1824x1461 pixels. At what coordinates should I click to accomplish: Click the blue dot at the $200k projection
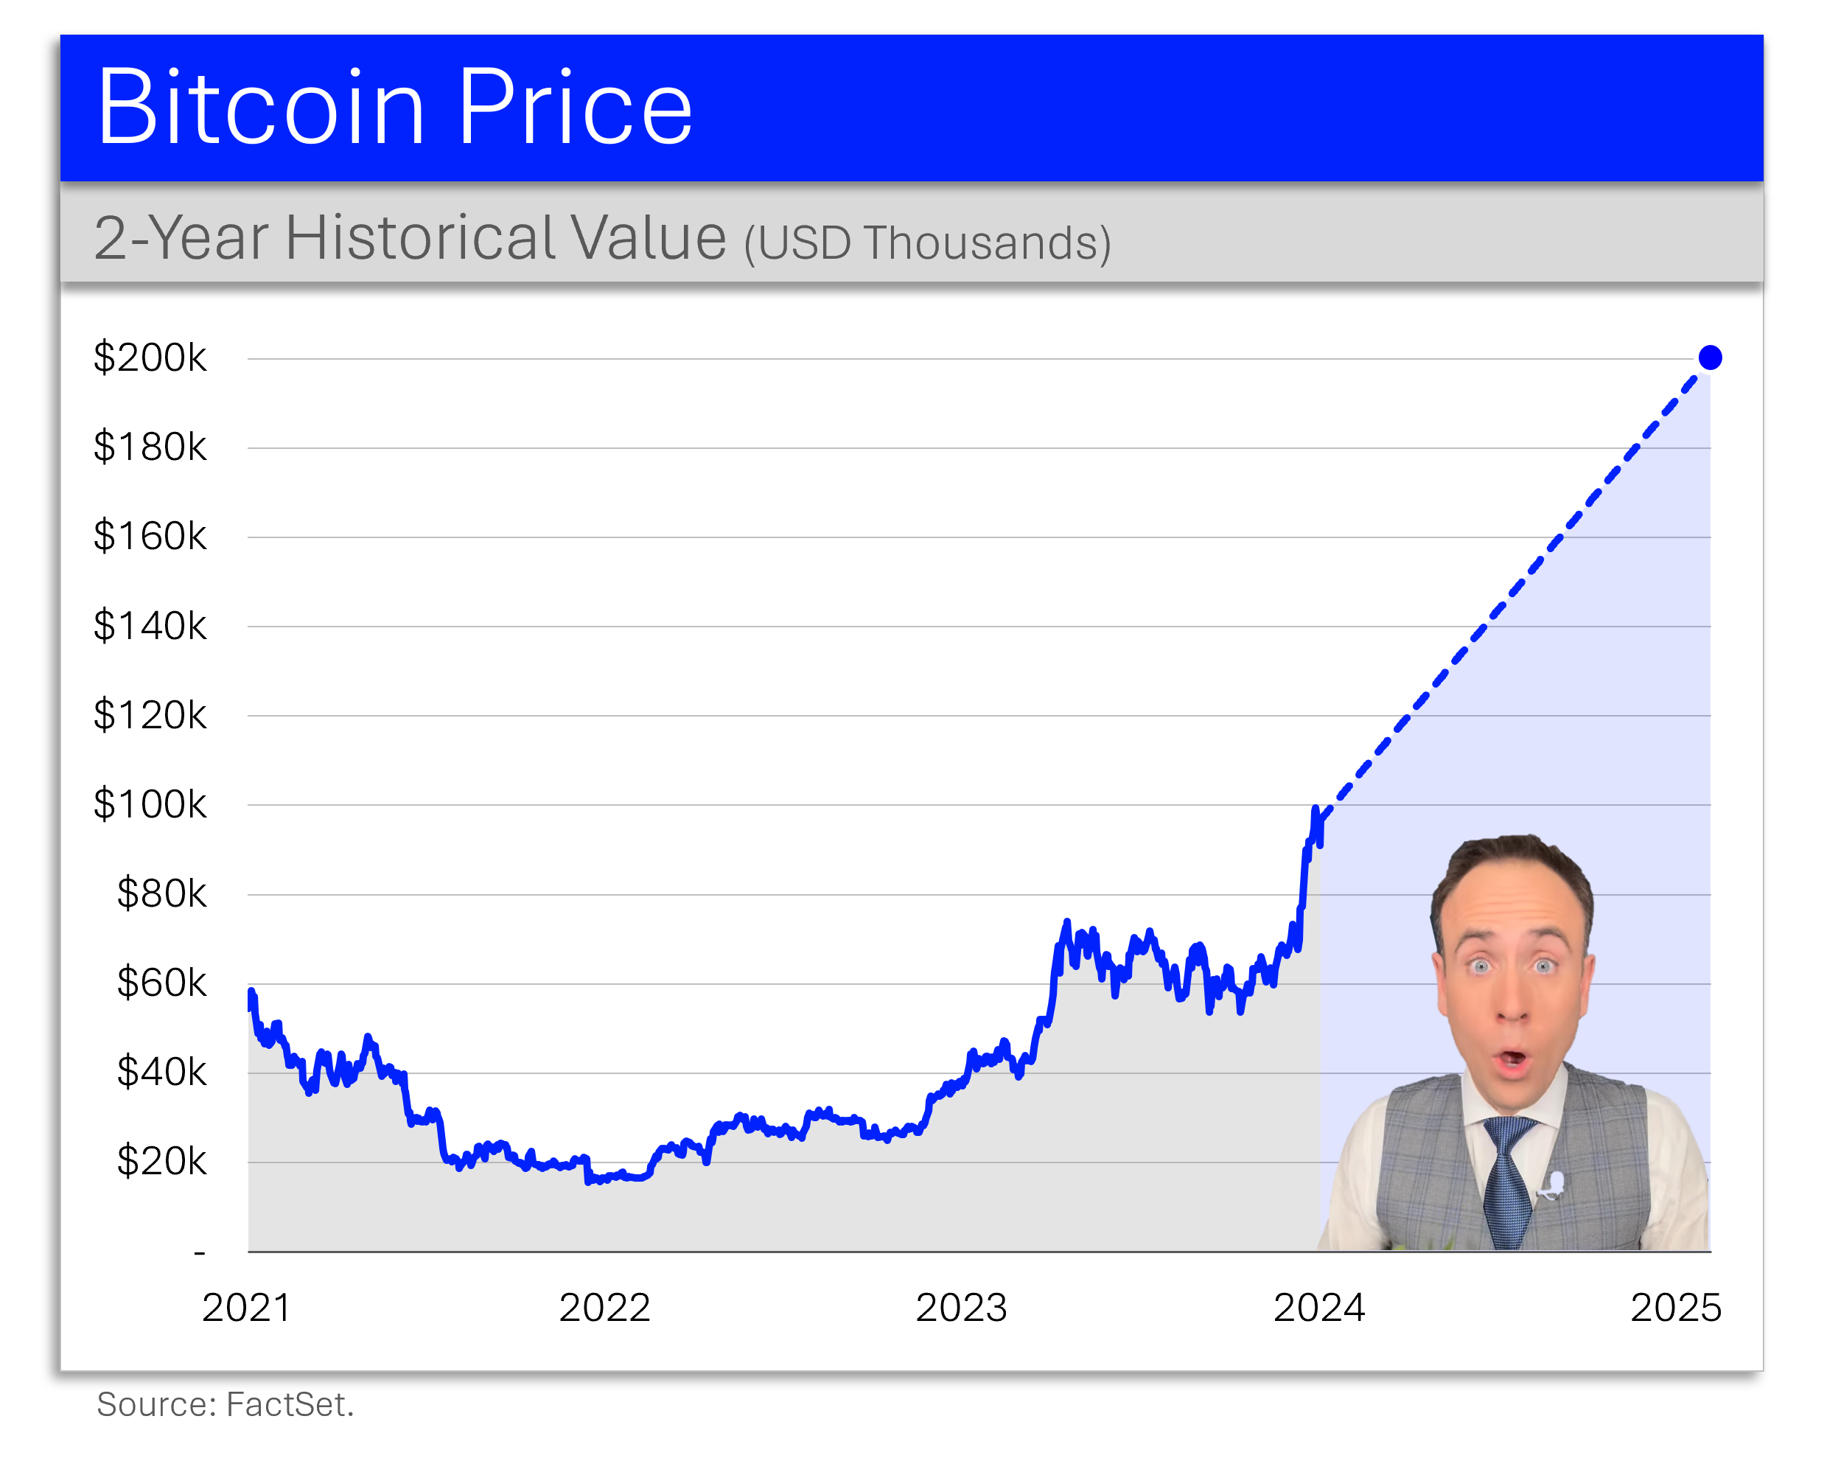[x=1710, y=358]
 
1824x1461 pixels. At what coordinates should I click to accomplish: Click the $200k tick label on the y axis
[x=150, y=358]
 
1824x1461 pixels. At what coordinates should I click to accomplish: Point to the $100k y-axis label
[x=150, y=804]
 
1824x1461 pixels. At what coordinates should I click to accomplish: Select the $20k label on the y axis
[x=161, y=1162]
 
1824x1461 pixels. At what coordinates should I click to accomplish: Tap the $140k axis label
[x=150, y=626]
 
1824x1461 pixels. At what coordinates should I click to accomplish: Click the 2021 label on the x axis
[x=246, y=1308]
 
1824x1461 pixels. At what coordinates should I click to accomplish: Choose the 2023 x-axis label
[x=961, y=1308]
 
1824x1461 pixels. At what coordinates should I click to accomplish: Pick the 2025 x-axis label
[x=1676, y=1308]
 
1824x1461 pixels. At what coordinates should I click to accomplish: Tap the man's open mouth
[x=1511, y=1059]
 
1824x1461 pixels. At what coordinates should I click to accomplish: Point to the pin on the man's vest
[x=1554, y=1185]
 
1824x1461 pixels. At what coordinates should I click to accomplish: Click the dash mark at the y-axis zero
[x=200, y=1252]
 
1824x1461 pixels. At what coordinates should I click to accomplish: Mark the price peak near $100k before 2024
[x=1315, y=809]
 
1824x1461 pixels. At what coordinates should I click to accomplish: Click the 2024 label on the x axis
[x=1319, y=1308]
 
